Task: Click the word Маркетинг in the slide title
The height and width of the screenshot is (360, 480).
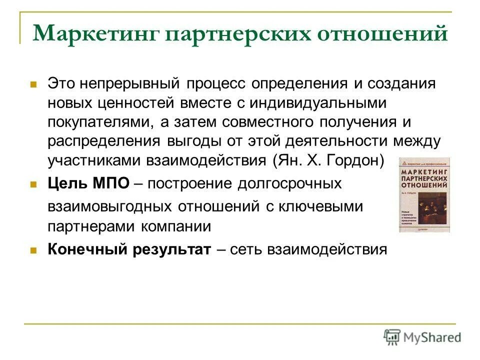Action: click(95, 33)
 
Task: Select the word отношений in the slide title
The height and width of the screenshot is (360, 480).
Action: click(382, 33)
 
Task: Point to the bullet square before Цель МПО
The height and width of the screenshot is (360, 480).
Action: click(34, 184)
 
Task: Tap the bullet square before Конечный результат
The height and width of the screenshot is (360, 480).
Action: click(34, 250)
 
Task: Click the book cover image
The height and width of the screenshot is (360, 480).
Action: click(424, 194)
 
